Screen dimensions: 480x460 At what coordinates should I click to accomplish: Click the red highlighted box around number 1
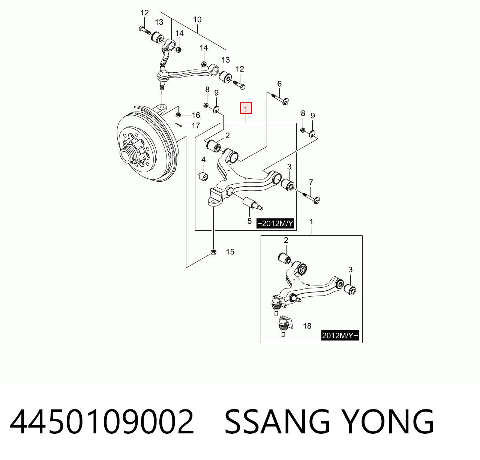click(246, 108)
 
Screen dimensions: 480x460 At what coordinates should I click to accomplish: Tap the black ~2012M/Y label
click(275, 224)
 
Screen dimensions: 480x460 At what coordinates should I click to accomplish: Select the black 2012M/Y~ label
click(340, 336)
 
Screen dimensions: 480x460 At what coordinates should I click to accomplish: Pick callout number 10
click(197, 19)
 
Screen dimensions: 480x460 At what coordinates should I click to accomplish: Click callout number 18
click(307, 326)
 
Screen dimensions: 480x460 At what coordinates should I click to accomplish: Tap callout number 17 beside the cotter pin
click(196, 125)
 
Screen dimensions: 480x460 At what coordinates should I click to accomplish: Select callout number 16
click(196, 115)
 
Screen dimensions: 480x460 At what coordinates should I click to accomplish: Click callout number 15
click(230, 252)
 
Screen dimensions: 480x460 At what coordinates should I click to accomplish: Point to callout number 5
click(249, 221)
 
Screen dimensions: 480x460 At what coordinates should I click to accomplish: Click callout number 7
click(311, 182)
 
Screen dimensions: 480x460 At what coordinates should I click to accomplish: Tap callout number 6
click(279, 84)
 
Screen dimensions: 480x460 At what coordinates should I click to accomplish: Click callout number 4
click(203, 160)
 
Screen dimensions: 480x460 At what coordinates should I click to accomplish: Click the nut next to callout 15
click(214, 252)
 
